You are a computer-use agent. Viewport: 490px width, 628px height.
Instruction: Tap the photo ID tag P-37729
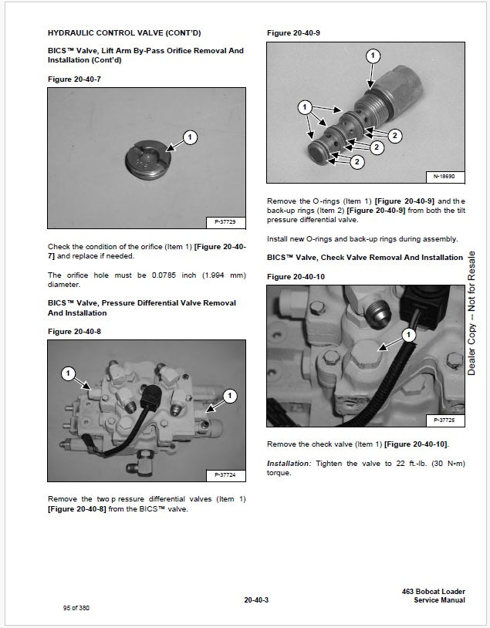(224, 222)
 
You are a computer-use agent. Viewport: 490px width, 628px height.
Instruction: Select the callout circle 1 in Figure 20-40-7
(190, 138)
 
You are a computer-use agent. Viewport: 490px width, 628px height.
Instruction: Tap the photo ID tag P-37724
(224, 474)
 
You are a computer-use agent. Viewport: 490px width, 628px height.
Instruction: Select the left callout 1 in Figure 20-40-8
(68, 373)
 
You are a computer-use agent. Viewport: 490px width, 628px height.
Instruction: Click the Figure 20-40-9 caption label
(292, 33)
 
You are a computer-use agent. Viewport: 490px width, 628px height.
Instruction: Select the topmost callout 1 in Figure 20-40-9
(373, 56)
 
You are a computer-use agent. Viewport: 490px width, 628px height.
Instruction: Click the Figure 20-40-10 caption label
(295, 276)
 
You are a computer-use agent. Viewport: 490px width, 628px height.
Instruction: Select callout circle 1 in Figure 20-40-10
(409, 335)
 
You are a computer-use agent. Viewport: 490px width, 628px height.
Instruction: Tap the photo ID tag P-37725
(444, 420)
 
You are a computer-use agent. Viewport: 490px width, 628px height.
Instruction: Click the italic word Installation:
(288, 463)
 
